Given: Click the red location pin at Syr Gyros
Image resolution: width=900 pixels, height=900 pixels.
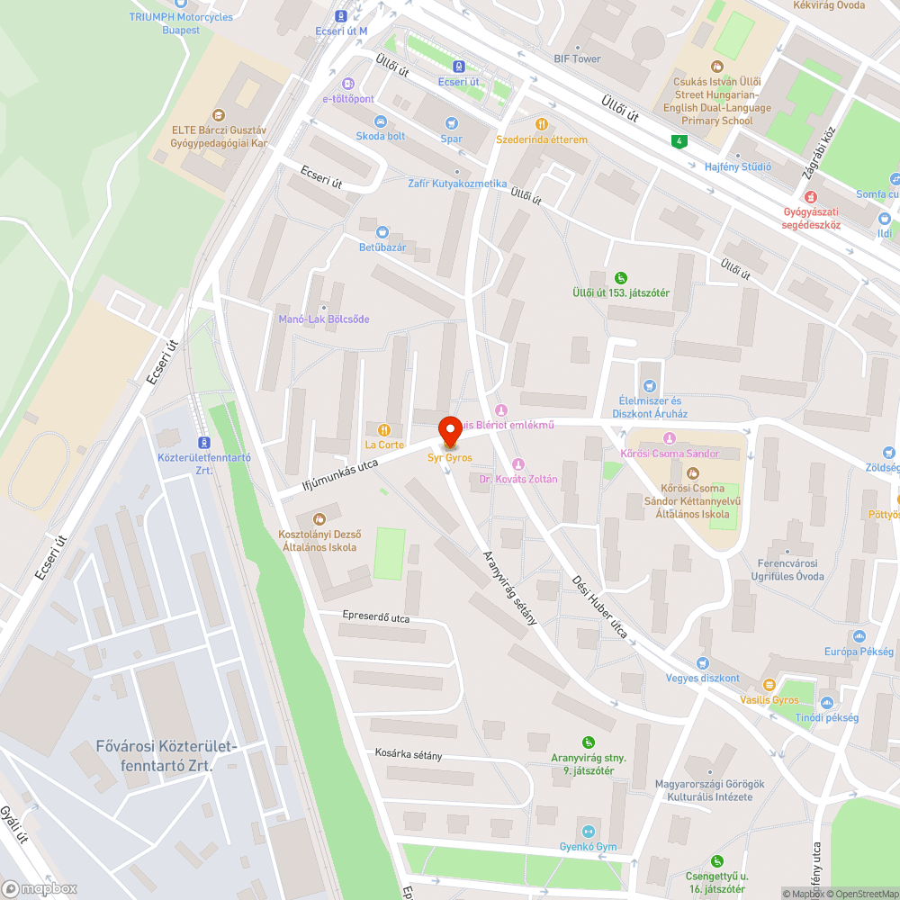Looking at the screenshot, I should (451, 429).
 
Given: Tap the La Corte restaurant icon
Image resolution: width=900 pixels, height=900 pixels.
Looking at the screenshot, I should (384, 429).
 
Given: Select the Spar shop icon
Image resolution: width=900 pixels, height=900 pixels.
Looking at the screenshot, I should (451, 123).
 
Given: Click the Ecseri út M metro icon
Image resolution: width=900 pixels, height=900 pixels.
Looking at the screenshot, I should (341, 15).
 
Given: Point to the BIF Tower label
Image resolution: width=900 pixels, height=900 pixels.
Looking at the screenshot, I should (577, 59).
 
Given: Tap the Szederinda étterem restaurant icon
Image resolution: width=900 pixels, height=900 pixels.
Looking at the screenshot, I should (541, 124).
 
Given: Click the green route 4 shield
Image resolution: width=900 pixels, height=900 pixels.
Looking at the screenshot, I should (678, 140).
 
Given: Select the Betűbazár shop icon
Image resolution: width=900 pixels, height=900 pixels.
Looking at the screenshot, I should (382, 231).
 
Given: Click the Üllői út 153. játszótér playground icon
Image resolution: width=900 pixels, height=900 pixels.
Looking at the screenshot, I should (620, 277).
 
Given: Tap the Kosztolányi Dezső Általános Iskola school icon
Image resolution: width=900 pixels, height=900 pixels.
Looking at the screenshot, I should (319, 518).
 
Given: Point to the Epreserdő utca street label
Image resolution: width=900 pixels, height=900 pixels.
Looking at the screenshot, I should (376, 617).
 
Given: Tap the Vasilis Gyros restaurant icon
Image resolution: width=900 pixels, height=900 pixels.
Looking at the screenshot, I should (769, 685).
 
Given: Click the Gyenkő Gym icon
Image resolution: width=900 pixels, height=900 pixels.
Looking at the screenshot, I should (589, 832).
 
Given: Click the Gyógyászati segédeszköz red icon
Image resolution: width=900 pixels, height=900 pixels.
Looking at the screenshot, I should (810, 197).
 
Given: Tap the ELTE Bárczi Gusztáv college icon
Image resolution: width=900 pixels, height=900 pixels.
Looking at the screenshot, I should (217, 114).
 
